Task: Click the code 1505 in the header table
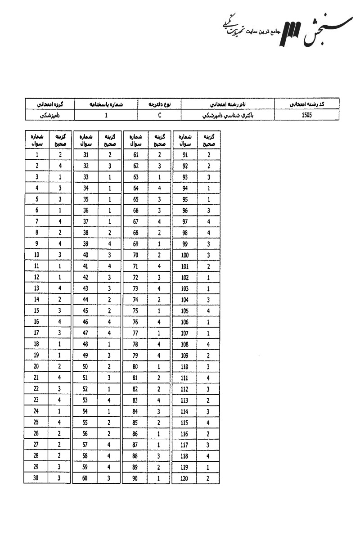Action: (308, 115)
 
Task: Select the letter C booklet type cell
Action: (160, 115)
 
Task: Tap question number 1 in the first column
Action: (36, 155)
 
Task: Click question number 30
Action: (36, 478)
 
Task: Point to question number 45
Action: (85, 310)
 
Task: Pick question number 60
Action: (85, 478)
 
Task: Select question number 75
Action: (135, 310)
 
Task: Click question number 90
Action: (135, 478)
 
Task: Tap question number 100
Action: (184, 255)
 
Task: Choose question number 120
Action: (184, 478)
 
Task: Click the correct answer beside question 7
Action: (60, 221)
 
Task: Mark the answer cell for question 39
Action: (109, 244)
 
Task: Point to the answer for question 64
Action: (159, 188)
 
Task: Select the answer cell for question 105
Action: (208, 310)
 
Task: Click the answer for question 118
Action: (208, 455)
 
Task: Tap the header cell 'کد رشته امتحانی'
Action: (308, 104)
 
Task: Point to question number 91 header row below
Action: (184, 155)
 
